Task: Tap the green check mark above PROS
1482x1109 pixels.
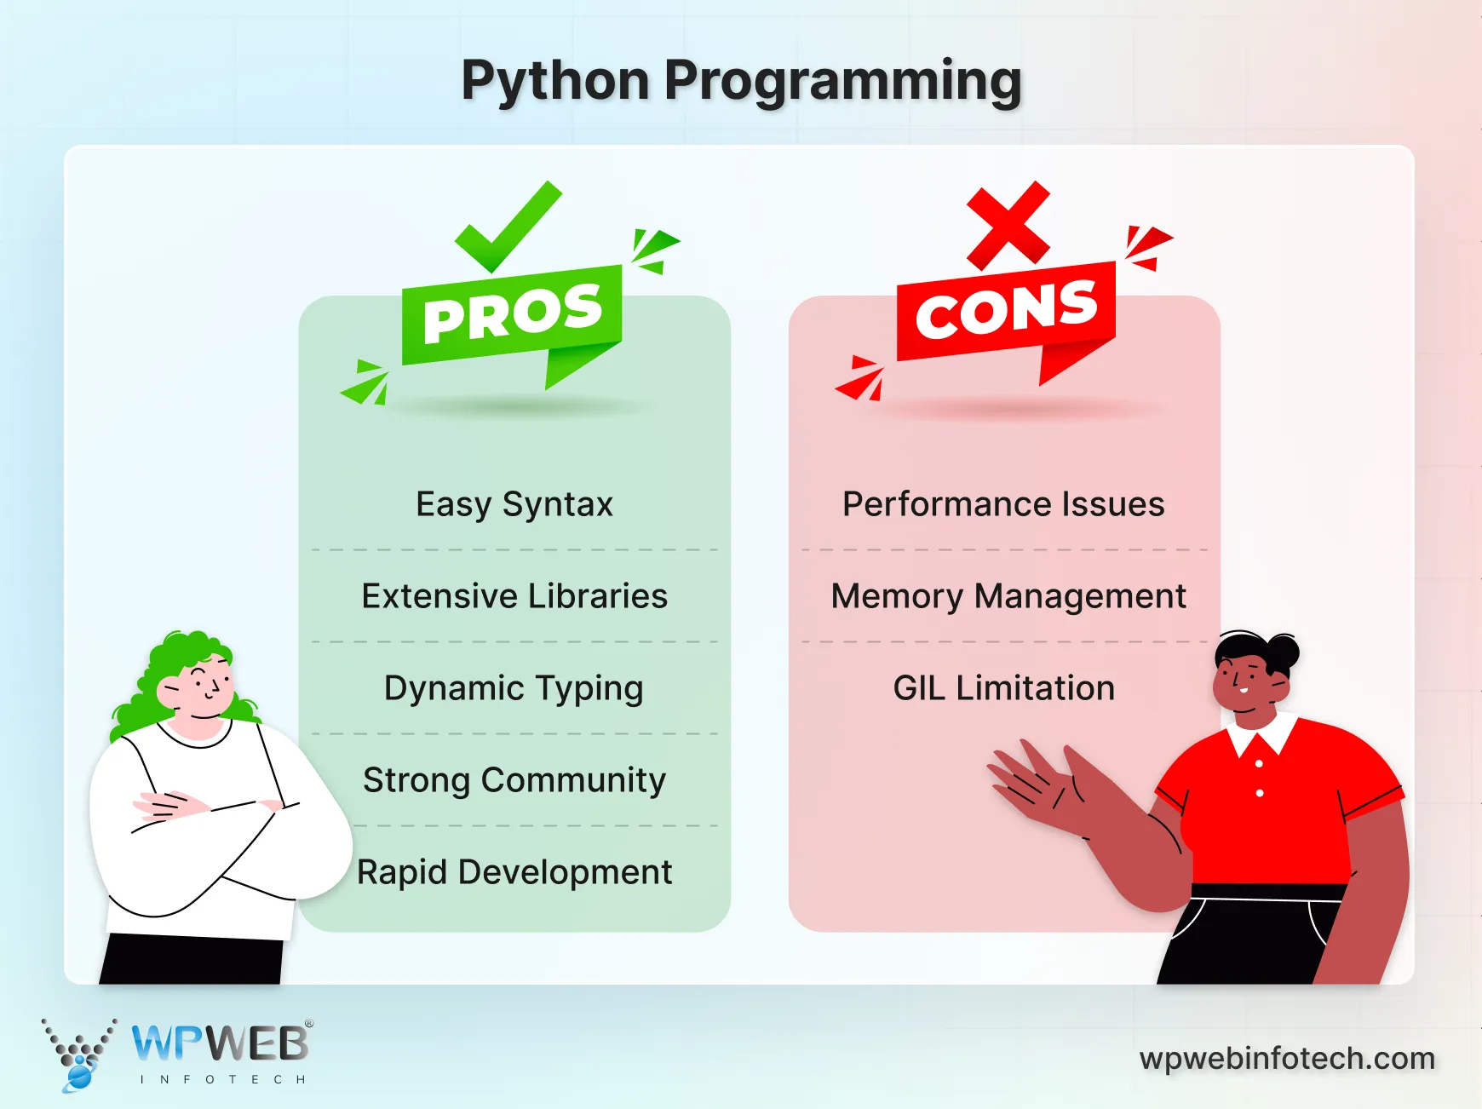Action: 508,226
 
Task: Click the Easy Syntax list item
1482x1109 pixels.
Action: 514,504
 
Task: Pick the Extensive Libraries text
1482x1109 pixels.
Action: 514,596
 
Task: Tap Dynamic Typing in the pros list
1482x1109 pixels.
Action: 514,688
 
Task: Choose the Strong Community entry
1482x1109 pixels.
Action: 514,780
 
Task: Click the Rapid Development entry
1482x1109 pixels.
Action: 514,872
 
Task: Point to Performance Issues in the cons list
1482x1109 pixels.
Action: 1003,504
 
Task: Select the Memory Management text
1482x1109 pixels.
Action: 1008,596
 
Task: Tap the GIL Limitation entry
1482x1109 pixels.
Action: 1004,688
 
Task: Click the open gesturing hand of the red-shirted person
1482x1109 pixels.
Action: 1035,784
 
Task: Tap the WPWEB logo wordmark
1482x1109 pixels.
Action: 221,1043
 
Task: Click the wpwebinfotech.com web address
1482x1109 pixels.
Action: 1287,1059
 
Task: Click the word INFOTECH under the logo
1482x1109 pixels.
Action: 222,1079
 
